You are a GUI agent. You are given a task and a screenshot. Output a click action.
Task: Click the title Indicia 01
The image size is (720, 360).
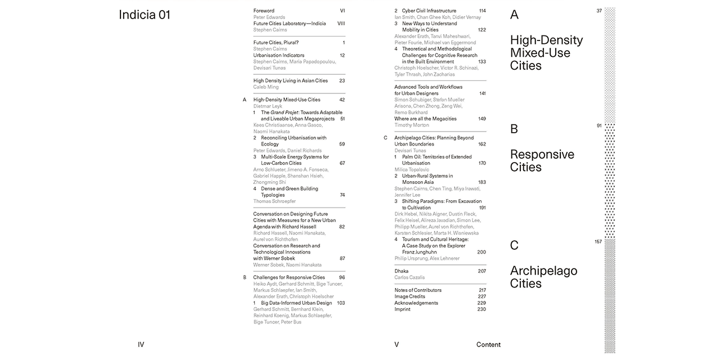coord(145,15)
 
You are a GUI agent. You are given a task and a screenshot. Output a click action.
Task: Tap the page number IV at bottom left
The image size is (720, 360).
coord(141,345)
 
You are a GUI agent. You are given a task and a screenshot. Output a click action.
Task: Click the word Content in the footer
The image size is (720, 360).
coord(488,345)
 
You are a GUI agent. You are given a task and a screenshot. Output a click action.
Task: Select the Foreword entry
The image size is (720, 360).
coord(264,11)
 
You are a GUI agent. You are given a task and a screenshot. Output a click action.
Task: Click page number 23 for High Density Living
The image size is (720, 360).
coord(342,81)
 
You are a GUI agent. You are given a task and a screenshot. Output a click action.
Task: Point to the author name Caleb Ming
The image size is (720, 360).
coord(266,87)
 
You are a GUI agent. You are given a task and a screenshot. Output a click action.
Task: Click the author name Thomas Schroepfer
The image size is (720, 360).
coord(274,201)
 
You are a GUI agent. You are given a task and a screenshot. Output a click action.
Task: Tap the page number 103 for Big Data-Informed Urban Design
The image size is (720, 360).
coord(341,303)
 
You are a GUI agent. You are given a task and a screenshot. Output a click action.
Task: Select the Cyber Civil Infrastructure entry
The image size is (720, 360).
coord(429,11)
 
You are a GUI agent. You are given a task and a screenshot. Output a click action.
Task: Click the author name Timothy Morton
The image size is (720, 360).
coord(412,125)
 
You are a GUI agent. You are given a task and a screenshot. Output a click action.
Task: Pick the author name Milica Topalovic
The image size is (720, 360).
coord(412,169)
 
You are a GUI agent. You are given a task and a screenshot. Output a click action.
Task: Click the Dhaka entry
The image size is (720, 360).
coord(401,271)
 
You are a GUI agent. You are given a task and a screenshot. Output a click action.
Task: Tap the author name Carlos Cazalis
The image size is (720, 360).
coord(409,277)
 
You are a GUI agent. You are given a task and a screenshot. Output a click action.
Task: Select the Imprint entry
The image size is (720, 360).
coord(402,309)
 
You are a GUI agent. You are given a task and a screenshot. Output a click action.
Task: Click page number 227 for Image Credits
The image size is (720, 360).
coord(481,296)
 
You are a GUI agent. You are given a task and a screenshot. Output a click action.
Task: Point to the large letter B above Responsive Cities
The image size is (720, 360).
coord(514,129)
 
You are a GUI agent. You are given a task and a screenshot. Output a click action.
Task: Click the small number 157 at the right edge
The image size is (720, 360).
coord(598,242)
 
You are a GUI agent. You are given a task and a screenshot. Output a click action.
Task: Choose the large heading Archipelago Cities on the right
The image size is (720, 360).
coord(543,277)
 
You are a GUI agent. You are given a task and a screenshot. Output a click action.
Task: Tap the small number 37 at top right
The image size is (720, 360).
coord(599,11)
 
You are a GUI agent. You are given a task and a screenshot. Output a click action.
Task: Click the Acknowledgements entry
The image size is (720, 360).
coord(416,303)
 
